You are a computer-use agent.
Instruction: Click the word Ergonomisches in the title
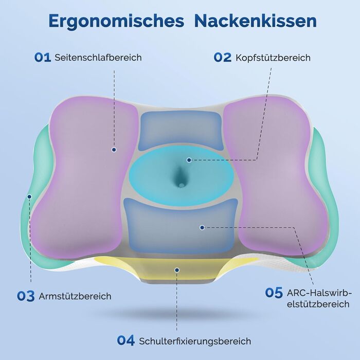click(116, 22)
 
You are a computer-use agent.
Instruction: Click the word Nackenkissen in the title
click(255, 21)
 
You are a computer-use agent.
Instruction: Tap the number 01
click(43, 58)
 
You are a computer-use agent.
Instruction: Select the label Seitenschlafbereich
click(98, 58)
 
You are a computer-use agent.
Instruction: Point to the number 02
click(222, 58)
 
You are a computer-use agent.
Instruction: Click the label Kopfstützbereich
click(273, 58)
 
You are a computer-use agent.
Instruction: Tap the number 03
click(26, 296)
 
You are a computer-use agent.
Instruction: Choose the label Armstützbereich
click(75, 296)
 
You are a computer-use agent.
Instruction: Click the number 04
click(125, 340)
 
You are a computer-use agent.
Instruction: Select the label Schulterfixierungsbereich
click(195, 341)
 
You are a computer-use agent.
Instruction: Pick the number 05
click(274, 293)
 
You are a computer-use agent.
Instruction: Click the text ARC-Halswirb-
click(319, 293)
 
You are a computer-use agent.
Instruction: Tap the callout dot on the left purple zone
click(114, 150)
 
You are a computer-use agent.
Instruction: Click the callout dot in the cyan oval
click(189, 160)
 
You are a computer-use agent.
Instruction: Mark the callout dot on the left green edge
click(29, 196)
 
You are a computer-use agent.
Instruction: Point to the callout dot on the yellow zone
click(177, 270)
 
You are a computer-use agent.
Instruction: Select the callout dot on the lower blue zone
click(202, 227)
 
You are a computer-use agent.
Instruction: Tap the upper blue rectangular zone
click(181, 131)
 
